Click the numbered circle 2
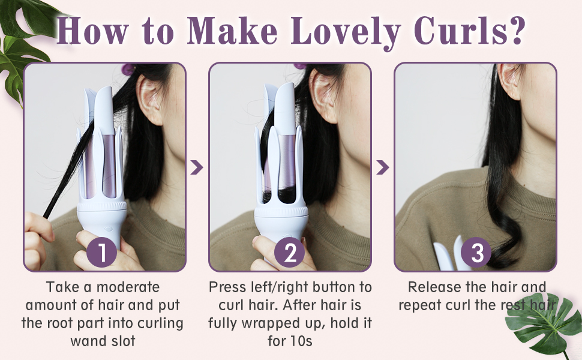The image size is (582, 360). [290, 253]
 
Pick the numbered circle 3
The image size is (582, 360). [477, 253]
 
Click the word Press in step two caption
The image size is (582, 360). [228, 287]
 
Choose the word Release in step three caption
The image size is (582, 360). [436, 287]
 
